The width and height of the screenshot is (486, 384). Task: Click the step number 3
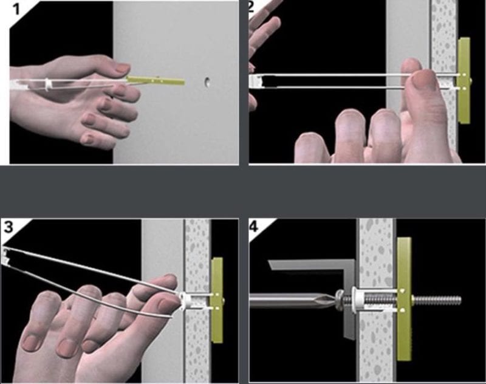[x=9, y=227]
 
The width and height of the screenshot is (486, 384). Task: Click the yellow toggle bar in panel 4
[x=404, y=298]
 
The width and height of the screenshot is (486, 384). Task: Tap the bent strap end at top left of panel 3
[x=8, y=256]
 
